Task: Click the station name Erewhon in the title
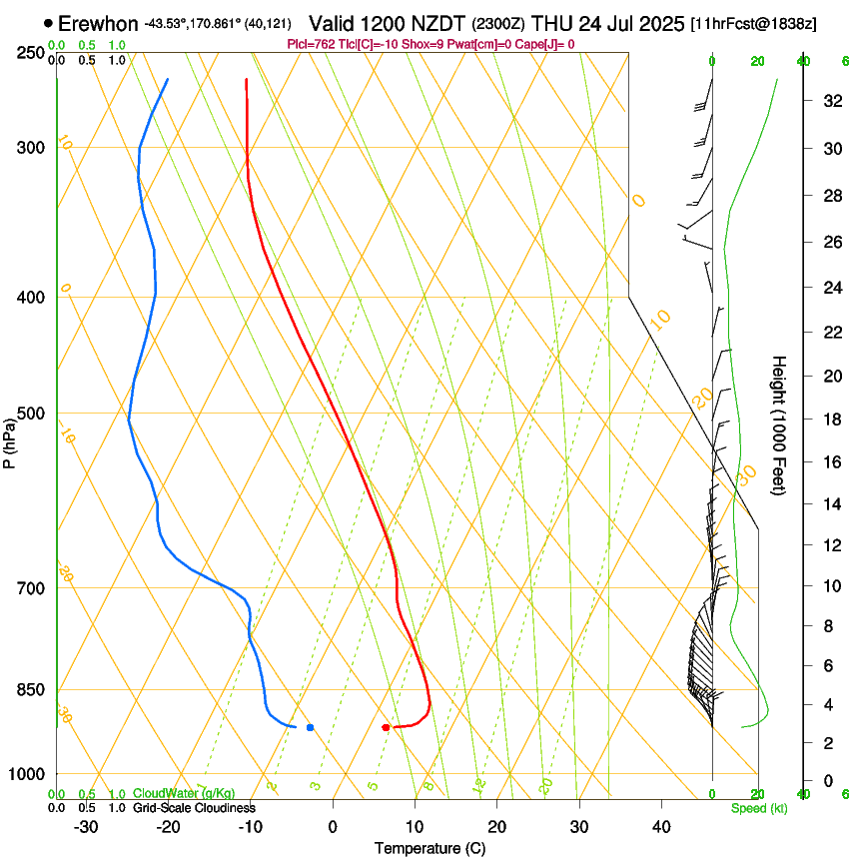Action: [99, 23]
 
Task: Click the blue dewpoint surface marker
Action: [311, 727]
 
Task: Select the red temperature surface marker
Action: [386, 727]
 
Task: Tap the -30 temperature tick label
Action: [86, 827]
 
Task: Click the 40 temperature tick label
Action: [661, 827]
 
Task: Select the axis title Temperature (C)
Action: [429, 848]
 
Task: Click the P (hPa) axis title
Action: [9, 439]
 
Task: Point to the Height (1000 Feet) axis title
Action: [779, 425]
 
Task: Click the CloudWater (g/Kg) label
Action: [185, 794]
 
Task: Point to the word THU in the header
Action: [555, 23]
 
